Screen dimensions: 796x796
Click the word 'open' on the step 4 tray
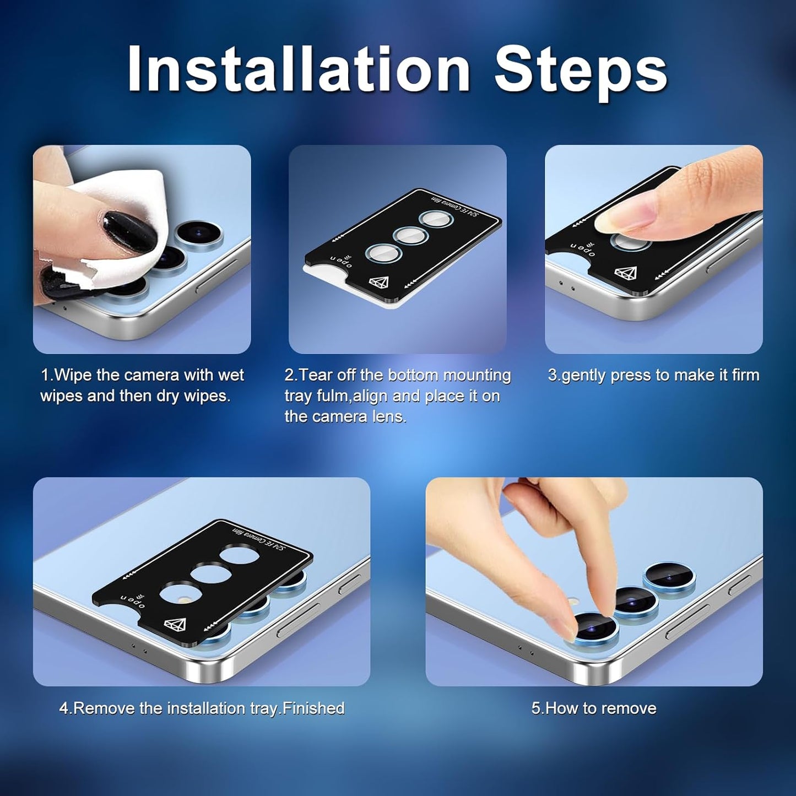(133, 601)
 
